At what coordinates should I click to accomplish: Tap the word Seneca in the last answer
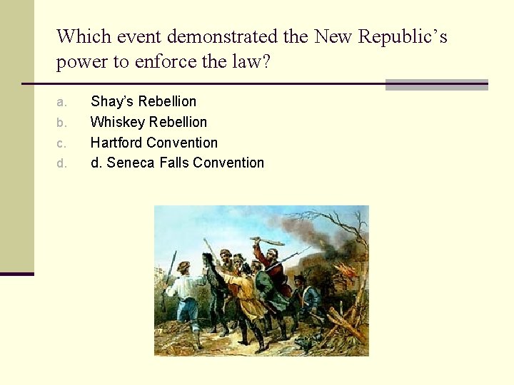click(x=128, y=163)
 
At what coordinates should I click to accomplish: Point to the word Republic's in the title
click(x=401, y=36)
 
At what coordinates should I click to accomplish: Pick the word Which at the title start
click(x=81, y=36)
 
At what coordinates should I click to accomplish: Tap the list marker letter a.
click(x=61, y=102)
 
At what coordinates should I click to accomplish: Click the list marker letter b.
click(x=61, y=123)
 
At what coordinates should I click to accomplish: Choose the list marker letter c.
click(x=61, y=143)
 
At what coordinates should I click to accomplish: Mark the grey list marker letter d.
click(x=61, y=163)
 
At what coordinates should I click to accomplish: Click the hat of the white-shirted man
click(x=185, y=267)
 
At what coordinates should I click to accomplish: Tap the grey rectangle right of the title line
click(x=436, y=85)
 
